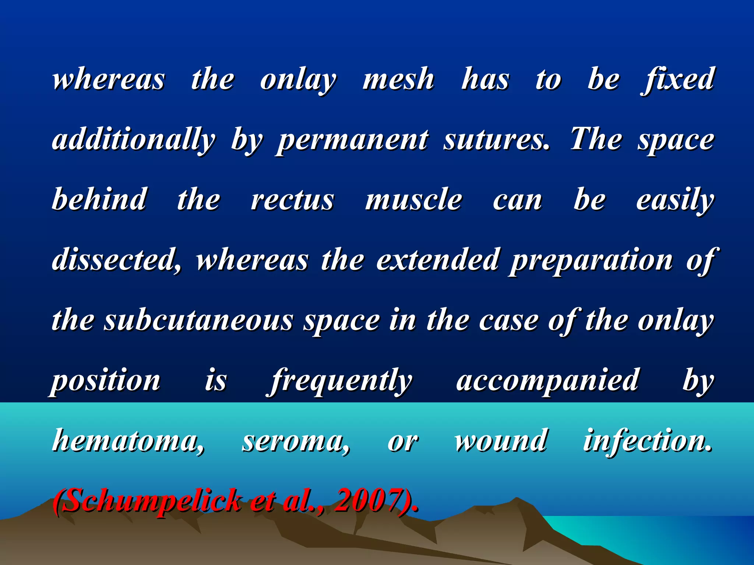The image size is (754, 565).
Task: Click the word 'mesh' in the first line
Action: click(x=398, y=79)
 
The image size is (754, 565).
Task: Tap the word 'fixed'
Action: click(x=678, y=79)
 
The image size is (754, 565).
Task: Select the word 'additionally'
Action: click(x=134, y=140)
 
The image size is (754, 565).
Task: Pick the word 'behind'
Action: click(x=99, y=199)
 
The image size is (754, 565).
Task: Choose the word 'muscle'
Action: click(x=413, y=200)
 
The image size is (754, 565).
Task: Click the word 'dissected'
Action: click(x=116, y=260)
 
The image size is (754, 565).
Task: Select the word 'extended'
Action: click(x=437, y=260)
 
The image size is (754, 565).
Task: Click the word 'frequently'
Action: click(x=341, y=381)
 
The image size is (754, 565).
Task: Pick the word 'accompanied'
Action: click(x=547, y=381)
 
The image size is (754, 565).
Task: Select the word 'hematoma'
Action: click(x=128, y=441)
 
